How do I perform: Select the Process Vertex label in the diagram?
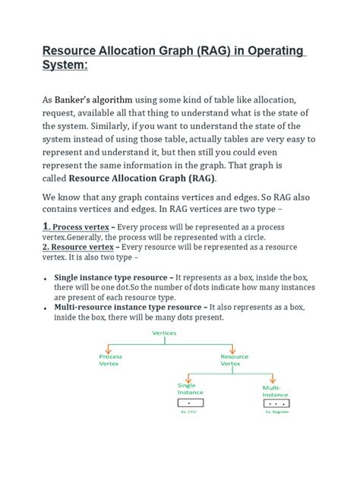110,359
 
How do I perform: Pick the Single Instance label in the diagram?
186,389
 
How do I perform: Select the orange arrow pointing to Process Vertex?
110,348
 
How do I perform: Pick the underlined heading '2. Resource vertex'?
80,247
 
